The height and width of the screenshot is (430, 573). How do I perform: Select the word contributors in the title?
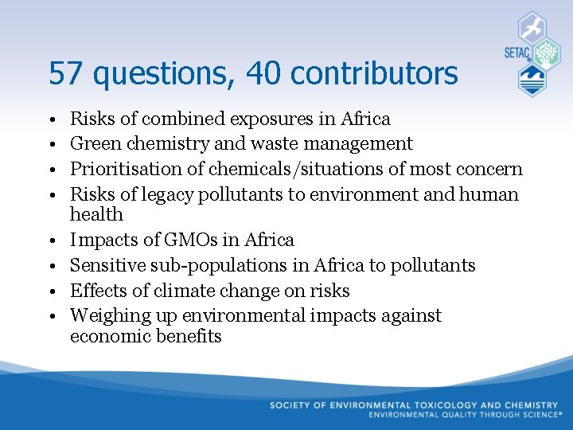tap(374, 74)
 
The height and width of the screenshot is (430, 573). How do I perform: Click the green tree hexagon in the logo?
tap(546, 55)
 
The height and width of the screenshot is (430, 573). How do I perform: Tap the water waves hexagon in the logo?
tap(532, 80)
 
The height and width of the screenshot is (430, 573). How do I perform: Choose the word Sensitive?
tap(106, 265)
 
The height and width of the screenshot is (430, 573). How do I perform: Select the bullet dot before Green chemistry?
tap(51, 145)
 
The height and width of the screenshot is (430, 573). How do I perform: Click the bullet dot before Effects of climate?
tap(51, 291)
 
